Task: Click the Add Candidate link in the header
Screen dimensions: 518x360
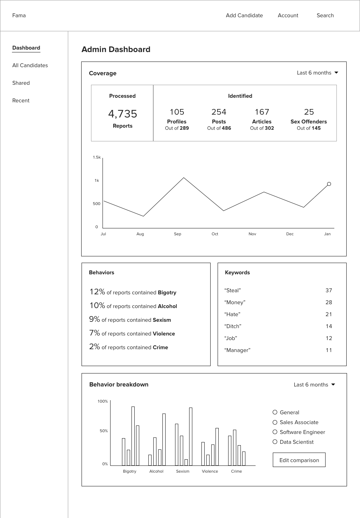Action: pyautogui.click(x=244, y=15)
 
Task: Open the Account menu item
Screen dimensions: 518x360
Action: pyautogui.click(x=288, y=15)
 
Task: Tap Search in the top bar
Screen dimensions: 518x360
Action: pyautogui.click(x=325, y=15)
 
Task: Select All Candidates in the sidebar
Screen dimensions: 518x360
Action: pyautogui.click(x=30, y=65)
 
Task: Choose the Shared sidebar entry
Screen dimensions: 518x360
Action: pyautogui.click(x=21, y=83)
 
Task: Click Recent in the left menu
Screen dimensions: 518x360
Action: pyautogui.click(x=21, y=101)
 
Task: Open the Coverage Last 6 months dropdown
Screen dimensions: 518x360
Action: pyautogui.click(x=317, y=73)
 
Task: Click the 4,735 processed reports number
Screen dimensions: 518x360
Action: pyautogui.click(x=122, y=114)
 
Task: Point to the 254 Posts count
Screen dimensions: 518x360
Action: pyautogui.click(x=219, y=112)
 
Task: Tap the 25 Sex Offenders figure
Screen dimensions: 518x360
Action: pyautogui.click(x=309, y=112)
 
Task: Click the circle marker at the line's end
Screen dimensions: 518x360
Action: pyautogui.click(x=329, y=184)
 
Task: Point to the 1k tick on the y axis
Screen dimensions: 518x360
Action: pyautogui.click(x=97, y=181)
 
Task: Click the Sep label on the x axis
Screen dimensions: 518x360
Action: pyautogui.click(x=178, y=234)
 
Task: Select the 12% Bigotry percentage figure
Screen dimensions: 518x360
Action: pyautogui.click(x=97, y=292)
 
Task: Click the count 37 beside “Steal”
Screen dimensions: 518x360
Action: pyautogui.click(x=329, y=290)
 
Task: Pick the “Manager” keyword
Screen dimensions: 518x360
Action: pyautogui.click(x=237, y=350)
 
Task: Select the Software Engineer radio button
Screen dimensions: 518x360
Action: pyautogui.click(x=275, y=432)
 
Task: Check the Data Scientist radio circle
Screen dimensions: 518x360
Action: pyautogui.click(x=275, y=442)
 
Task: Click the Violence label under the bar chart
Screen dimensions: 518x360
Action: pyautogui.click(x=210, y=471)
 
